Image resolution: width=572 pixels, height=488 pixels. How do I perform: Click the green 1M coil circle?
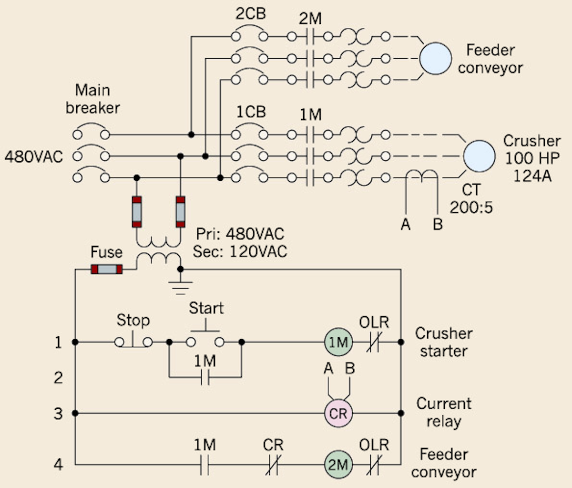click(x=338, y=342)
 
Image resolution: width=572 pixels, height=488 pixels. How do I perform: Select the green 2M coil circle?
click(x=338, y=464)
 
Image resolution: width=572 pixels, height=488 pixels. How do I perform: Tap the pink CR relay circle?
click(x=338, y=413)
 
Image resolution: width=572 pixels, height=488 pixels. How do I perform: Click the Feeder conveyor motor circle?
click(x=435, y=59)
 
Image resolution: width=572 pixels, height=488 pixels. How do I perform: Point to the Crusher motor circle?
click(x=480, y=156)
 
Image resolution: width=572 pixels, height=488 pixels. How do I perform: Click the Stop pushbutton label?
click(x=133, y=321)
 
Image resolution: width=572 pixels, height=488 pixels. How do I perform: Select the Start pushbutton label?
click(x=206, y=308)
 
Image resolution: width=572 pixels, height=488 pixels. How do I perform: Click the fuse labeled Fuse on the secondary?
click(x=107, y=269)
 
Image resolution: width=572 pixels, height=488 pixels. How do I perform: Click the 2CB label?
click(x=251, y=14)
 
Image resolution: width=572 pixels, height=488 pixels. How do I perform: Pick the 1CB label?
click(x=251, y=112)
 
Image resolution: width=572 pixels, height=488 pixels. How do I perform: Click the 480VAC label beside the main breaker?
click(x=34, y=156)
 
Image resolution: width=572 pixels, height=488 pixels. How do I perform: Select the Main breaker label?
click(x=92, y=99)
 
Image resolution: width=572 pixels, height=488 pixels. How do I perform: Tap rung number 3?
click(x=58, y=413)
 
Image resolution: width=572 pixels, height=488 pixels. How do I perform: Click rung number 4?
click(x=58, y=464)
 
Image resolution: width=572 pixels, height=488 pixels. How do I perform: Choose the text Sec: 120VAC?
click(x=240, y=251)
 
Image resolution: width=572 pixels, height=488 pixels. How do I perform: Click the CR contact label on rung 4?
click(x=273, y=446)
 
